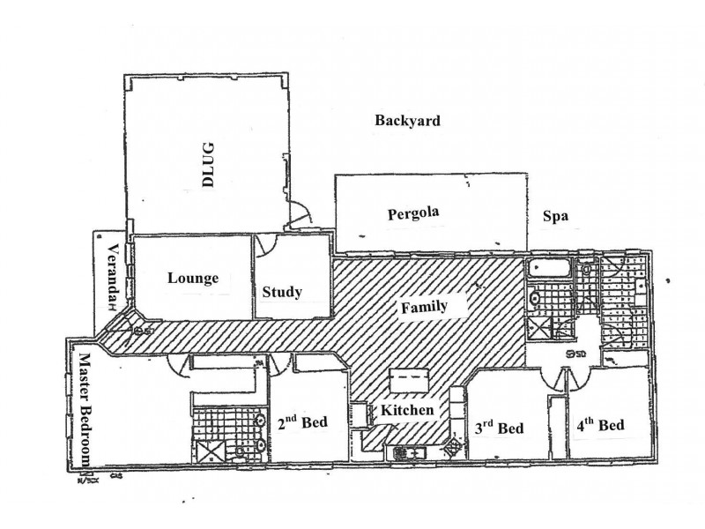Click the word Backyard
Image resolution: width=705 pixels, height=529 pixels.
coord(406,121)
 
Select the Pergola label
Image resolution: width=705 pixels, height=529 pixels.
coord(412,212)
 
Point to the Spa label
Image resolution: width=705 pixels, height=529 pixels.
coord(553,215)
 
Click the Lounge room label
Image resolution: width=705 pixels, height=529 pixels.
coord(192,278)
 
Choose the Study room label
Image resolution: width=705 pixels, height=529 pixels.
coord(282,292)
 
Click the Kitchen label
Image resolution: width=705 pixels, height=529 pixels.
coord(406,411)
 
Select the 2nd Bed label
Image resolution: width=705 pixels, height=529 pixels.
coord(302,422)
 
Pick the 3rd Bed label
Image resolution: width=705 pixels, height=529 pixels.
coord(498,428)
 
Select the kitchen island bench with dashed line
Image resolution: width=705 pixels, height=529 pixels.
coord(407,381)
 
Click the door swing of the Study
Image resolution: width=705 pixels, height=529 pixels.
coord(268,246)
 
